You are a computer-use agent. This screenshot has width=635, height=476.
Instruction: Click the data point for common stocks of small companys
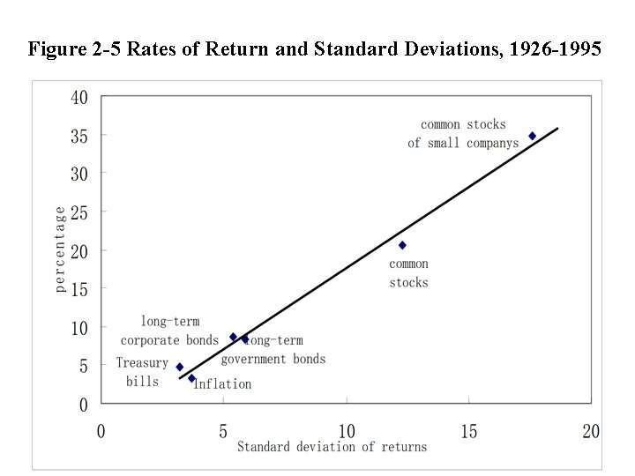pos(532,136)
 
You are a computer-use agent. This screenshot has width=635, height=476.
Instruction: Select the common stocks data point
pos(402,245)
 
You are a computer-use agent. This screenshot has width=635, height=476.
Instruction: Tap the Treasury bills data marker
pos(180,367)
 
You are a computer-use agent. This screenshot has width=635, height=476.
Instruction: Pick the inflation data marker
pos(191,378)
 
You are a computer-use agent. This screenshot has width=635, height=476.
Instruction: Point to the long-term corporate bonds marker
pos(233,337)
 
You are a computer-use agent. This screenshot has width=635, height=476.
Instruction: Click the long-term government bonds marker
pos(245,338)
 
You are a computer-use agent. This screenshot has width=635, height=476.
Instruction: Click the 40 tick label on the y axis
pos(79,98)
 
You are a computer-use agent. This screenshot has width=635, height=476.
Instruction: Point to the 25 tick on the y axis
pos(79,212)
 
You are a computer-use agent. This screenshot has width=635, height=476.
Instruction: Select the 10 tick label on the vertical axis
pos(79,328)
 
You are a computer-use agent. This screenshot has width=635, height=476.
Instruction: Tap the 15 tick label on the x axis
pos(468,431)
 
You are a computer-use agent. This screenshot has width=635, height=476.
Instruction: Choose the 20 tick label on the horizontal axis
pos(591,431)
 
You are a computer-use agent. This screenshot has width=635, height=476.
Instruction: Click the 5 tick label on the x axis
pos(223,431)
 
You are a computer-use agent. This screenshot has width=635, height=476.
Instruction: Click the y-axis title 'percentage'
pos(60,249)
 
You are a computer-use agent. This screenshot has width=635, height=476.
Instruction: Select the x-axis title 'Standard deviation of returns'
pos(332,447)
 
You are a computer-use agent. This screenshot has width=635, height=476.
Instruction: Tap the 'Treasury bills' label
pos(142,372)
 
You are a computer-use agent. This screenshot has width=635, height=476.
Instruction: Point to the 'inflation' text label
pos(222,384)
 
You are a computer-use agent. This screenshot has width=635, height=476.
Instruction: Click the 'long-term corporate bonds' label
pos(169,331)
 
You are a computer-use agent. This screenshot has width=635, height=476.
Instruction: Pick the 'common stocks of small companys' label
pos(464,134)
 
